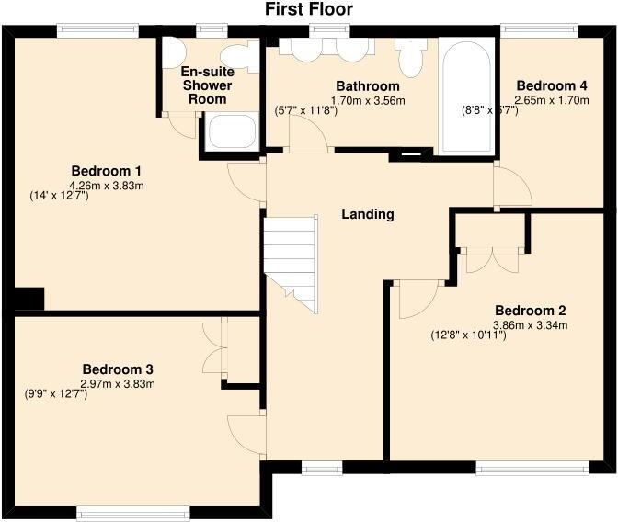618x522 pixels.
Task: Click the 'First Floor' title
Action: [x=309, y=10]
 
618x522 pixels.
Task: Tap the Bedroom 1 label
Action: [x=107, y=171]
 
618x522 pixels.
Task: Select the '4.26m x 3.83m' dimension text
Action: [x=107, y=186]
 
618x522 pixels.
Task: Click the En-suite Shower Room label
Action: [x=206, y=85]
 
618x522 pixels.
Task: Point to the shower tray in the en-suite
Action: [x=230, y=132]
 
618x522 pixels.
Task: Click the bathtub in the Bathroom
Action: [x=467, y=96]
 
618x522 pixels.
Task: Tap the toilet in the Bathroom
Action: [x=411, y=58]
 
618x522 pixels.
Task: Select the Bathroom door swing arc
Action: [x=311, y=135]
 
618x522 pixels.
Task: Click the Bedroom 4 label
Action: [x=552, y=86]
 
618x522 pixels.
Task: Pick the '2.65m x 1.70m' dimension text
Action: [x=552, y=101]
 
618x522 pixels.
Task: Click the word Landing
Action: [x=368, y=214]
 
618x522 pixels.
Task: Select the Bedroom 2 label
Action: [x=530, y=310]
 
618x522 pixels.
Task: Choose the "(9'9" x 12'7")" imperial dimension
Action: [x=55, y=394]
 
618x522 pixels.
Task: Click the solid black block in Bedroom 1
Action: [x=29, y=299]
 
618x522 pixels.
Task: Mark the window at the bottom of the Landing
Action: [x=322, y=468]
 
